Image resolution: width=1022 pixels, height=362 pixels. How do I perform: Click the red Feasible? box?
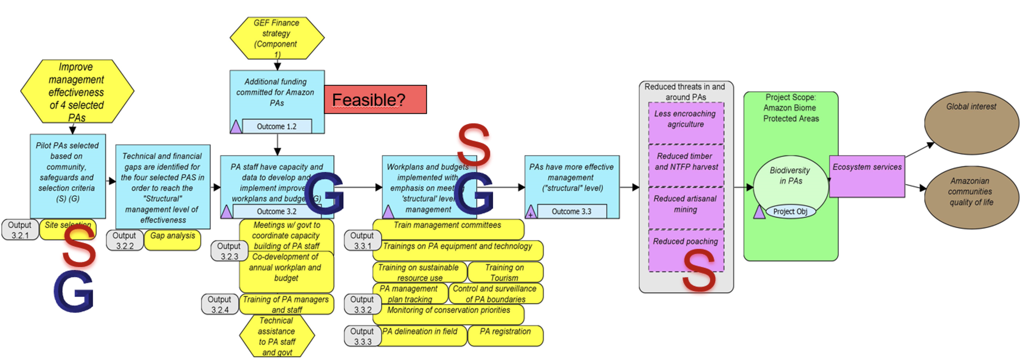375,99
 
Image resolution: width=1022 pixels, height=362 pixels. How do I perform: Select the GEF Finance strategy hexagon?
277,38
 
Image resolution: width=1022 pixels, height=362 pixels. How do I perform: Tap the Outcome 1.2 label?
277,127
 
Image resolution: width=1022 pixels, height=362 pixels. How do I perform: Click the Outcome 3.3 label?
571,212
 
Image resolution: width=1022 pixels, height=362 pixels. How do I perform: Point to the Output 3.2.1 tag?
20,230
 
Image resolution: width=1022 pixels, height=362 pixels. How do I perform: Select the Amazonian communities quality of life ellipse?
971,197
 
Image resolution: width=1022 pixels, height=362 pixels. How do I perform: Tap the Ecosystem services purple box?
867,176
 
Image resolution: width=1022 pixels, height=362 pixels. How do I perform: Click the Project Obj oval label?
790,212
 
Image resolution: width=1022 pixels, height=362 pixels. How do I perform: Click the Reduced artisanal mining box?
686,208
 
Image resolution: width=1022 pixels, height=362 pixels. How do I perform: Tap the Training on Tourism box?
505,272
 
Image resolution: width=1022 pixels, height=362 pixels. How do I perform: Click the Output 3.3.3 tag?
362,336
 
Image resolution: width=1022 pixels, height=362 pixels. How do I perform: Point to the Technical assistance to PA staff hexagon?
277,336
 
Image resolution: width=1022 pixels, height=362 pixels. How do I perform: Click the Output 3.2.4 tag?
220,304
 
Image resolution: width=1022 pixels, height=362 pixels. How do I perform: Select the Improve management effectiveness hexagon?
76,91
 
